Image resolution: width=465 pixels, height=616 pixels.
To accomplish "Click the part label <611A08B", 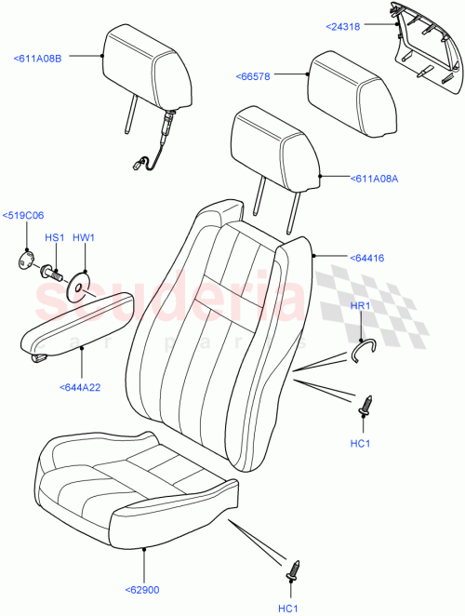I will point(37,59).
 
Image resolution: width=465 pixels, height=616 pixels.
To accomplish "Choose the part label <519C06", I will point(24,218).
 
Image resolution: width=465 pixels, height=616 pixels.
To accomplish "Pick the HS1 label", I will point(54,238).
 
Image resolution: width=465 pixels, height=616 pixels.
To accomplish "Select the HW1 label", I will point(84,238).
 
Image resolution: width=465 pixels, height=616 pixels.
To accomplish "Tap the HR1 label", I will point(359,307).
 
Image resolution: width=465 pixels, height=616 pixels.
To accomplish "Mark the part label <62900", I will point(142,589).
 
